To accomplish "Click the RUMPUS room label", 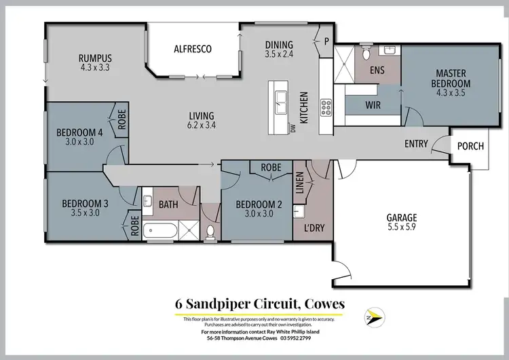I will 94,58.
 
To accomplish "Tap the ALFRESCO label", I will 193,49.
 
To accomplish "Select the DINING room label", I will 279,46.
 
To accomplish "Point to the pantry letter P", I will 326,41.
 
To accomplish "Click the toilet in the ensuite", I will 365,52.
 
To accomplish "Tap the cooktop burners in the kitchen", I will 325,107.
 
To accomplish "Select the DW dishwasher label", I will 293,128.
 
